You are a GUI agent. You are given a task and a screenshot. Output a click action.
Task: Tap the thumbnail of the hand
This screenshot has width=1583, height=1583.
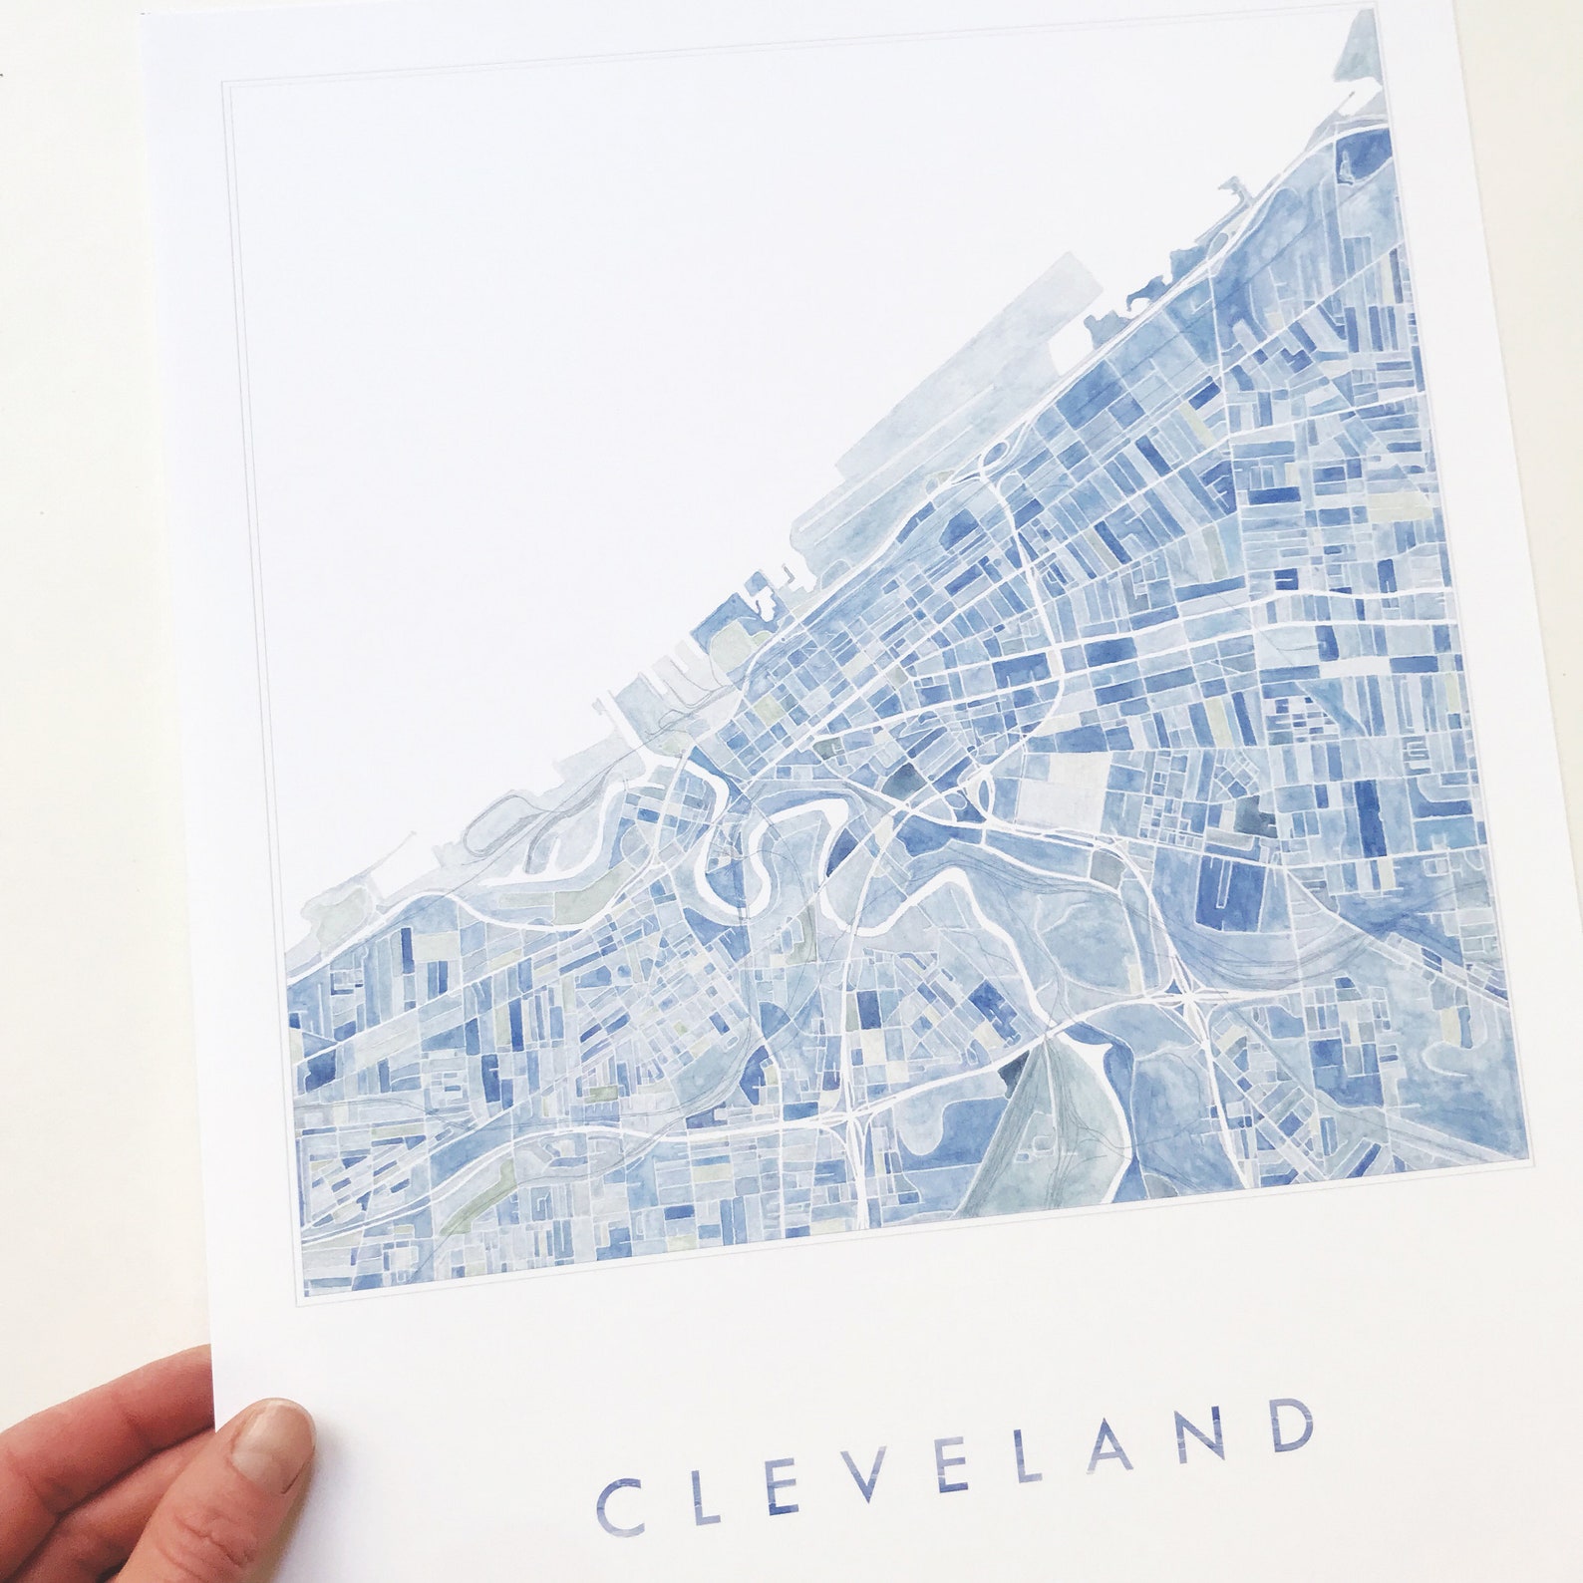[279, 1437]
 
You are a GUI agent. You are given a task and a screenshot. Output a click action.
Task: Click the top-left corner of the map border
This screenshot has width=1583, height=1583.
[222, 85]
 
